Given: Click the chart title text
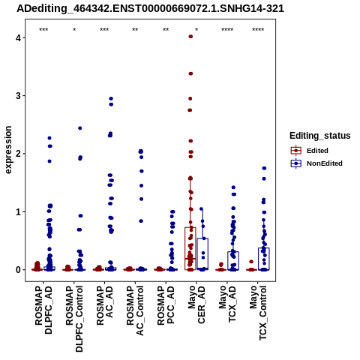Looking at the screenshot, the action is tap(150, 9).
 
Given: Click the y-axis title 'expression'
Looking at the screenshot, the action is tap(8, 150).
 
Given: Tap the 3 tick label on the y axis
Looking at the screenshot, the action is tap(19, 96).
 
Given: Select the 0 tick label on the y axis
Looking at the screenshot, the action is tap(19, 270).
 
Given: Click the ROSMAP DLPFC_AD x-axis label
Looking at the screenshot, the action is tap(43, 310).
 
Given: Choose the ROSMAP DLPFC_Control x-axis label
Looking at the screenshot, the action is tap(74, 319).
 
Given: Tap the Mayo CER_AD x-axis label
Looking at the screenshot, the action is tap(196, 304).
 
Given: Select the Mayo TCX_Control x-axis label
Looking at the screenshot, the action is tap(258, 313).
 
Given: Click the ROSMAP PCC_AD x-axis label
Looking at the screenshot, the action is tap(166, 305).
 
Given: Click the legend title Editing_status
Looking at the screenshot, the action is tap(320, 136).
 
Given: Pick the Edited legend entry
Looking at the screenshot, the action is tap(310, 151).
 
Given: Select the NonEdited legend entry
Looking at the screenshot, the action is tap(316, 163).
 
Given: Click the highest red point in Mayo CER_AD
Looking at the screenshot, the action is tap(190, 37).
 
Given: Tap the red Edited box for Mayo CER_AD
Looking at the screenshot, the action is tap(190, 248).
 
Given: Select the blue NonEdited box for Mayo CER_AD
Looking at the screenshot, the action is tap(202, 254).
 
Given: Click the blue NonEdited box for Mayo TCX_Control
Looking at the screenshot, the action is tap(264, 259).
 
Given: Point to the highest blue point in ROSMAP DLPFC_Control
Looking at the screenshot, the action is tap(80, 128).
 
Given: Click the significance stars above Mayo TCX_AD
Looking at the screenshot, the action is tap(227, 30).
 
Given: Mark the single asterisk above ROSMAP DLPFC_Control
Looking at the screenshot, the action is tap(74, 30).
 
